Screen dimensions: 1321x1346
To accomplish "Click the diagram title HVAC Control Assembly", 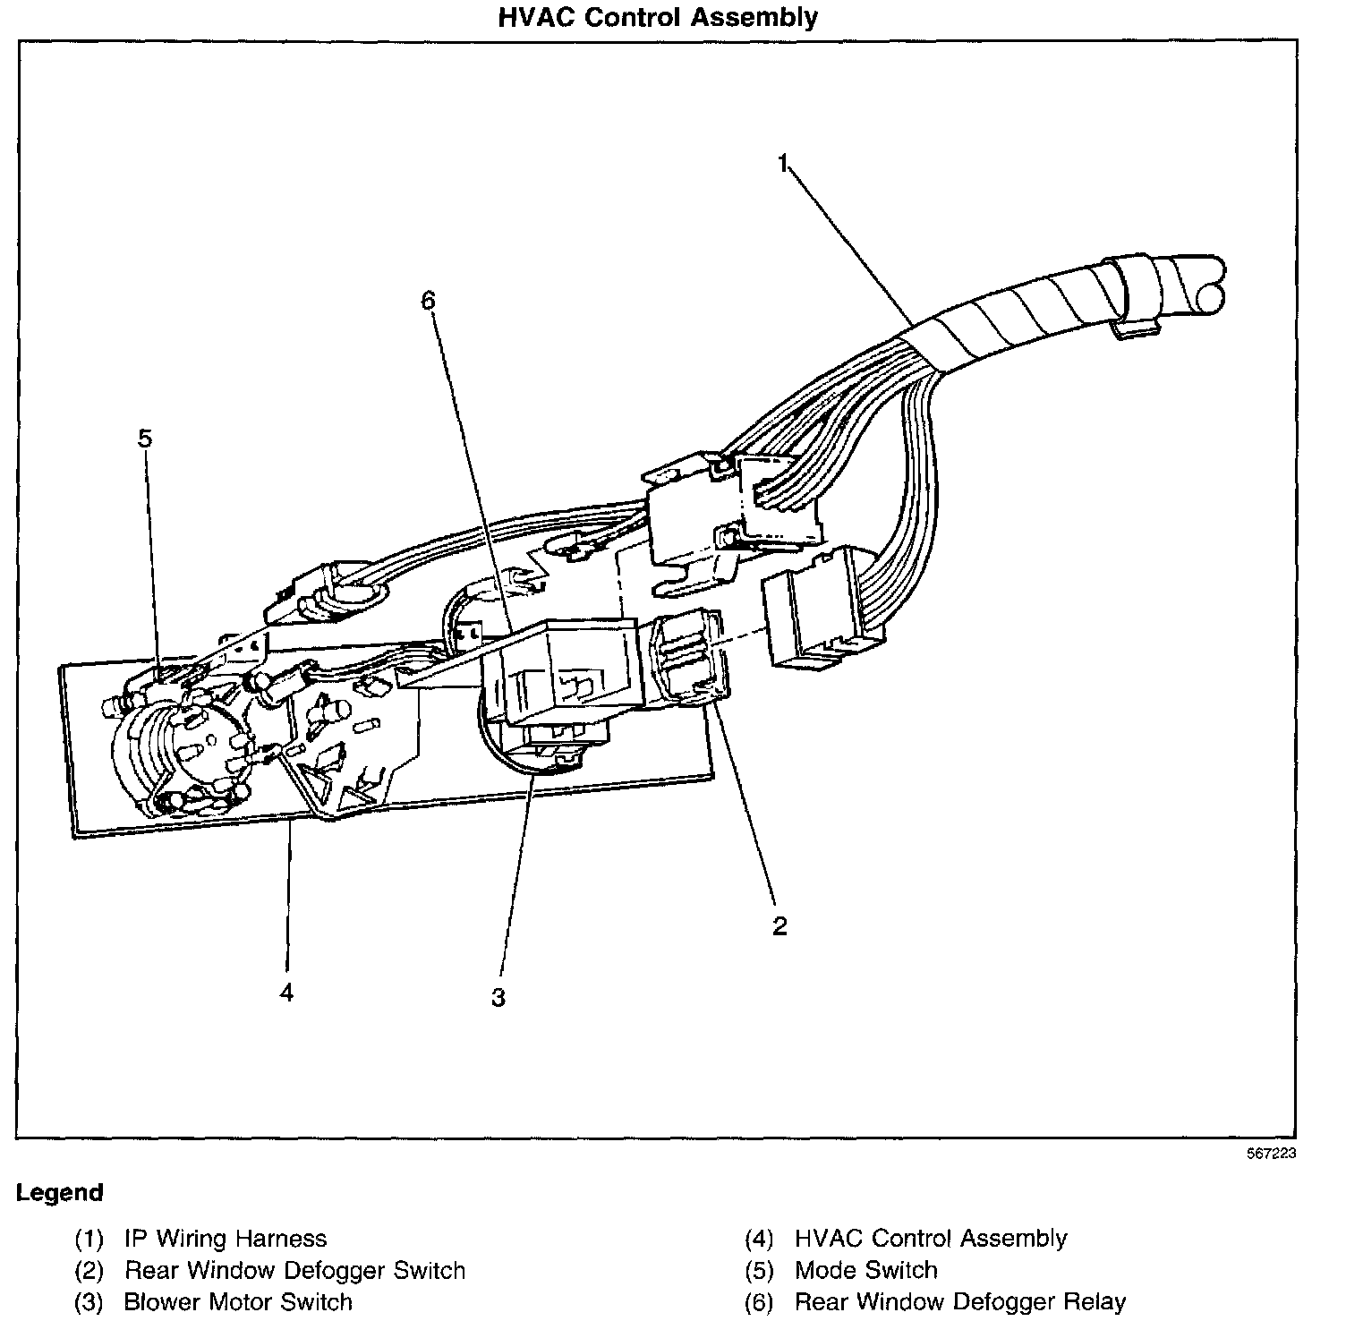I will point(658,17).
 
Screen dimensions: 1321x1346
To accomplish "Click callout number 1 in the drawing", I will point(783,164).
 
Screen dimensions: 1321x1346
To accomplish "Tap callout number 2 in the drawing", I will point(779,926).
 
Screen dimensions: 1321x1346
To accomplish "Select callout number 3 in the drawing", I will point(498,997).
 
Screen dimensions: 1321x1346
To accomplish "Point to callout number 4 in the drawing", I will point(286,992).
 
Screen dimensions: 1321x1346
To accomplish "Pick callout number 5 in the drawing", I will point(145,438).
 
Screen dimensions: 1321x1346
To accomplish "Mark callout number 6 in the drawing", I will point(428,301).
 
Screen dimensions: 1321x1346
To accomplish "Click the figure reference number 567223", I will point(1271,1155).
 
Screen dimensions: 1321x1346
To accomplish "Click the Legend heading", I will point(60,1193).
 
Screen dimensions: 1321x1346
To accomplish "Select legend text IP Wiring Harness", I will point(226,1239).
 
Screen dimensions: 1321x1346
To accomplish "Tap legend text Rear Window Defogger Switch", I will point(294,1270).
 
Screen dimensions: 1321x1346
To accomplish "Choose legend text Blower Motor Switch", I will point(238,1301).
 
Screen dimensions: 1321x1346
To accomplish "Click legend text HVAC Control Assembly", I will point(931,1239).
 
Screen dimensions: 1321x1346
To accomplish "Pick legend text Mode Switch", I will point(865,1270).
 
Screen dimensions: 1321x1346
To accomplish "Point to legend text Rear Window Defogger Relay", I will point(959,1301).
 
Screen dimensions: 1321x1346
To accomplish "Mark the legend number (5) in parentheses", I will point(759,1270).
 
